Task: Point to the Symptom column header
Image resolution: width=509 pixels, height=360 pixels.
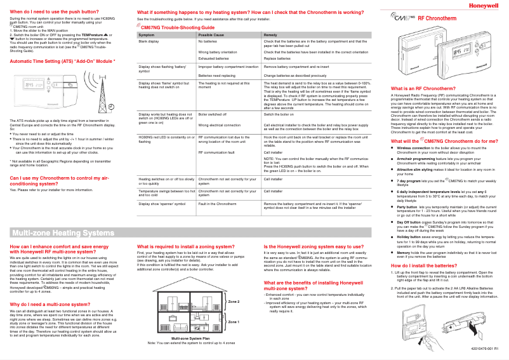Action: point(147,34)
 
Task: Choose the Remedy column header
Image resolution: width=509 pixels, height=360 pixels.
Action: point(270,34)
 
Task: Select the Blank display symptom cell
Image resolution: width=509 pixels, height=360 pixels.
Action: point(149,41)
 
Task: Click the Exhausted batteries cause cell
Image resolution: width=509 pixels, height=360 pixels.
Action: point(213,58)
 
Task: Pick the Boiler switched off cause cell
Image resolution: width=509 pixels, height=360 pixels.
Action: point(213,114)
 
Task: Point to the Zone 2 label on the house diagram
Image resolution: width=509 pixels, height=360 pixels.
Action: point(234,301)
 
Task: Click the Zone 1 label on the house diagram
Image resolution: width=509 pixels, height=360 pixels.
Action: point(234,322)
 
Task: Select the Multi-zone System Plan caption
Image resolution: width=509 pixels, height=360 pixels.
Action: point(191,339)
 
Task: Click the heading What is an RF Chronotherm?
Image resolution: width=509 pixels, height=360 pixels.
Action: point(424,88)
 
